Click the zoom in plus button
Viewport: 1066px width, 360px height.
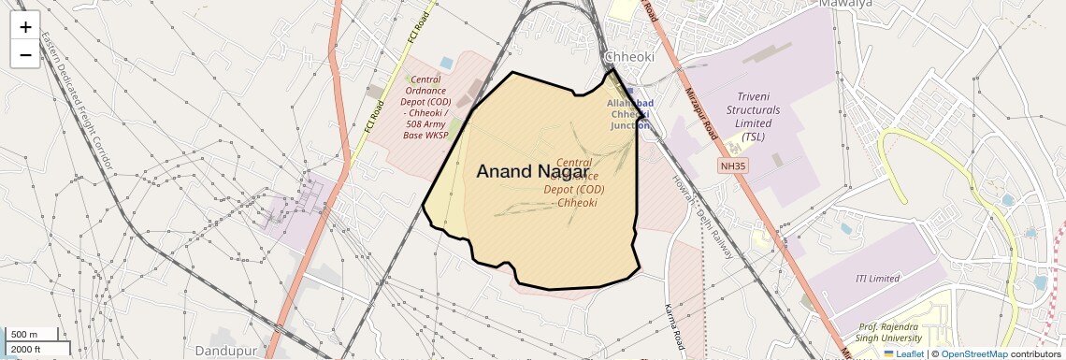click(25, 27)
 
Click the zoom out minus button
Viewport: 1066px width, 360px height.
click(25, 54)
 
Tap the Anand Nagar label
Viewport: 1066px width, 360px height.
click(532, 171)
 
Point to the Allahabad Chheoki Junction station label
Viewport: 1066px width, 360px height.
click(630, 114)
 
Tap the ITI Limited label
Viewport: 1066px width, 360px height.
click(877, 279)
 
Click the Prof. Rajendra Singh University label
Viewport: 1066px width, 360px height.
click(888, 332)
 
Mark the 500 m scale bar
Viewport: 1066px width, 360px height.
click(32, 335)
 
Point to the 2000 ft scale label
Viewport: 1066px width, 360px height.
click(25, 349)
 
